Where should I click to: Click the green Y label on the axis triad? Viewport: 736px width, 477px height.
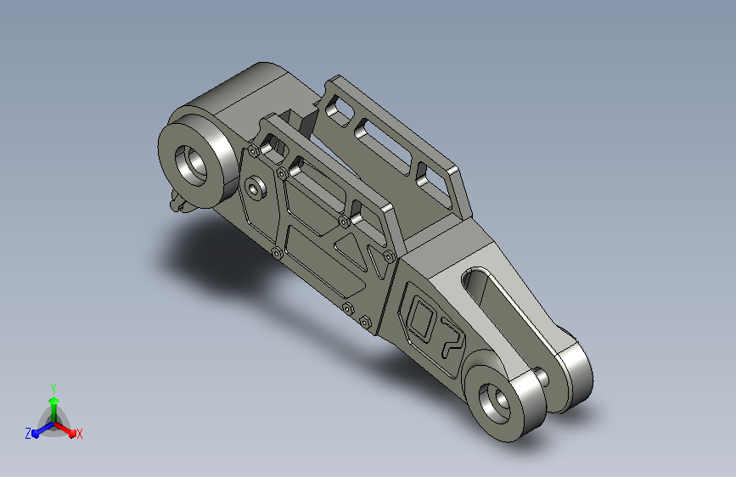[x=53, y=388]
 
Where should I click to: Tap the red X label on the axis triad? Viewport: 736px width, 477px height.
[x=79, y=435]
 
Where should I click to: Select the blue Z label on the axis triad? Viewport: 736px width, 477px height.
[x=28, y=434]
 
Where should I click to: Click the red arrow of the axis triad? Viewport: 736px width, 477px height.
[x=65, y=429]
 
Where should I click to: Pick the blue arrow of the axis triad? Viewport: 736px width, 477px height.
[x=42, y=429]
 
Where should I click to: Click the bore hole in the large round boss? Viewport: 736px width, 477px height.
[x=190, y=166]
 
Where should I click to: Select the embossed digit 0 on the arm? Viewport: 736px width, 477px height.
[x=421, y=319]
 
